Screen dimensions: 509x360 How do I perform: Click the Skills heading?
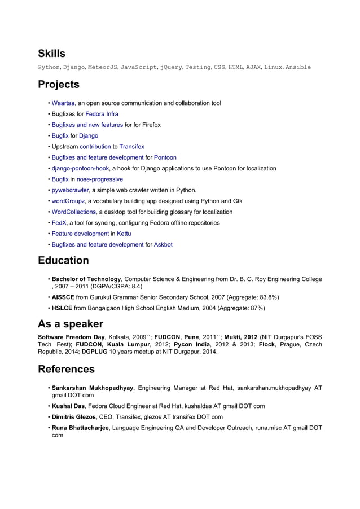coord(51,54)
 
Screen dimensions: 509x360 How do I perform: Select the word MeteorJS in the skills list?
coord(102,67)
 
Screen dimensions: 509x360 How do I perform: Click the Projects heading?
coord(59,85)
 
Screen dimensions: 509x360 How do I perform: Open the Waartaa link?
coord(64,103)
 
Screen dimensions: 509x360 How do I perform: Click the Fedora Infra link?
coord(102,114)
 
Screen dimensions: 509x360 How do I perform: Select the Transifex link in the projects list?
coord(131,147)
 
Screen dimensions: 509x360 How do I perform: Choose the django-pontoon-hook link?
coord(80,168)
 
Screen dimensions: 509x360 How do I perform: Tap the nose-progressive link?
coord(100,179)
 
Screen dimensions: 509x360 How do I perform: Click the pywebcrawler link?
coord(70,190)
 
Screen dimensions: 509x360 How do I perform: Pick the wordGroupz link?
coord(68,201)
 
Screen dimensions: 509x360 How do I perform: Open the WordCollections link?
coord(74,212)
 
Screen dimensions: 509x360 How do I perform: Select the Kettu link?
coord(124,234)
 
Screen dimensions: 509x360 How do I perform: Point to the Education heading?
coord(63,261)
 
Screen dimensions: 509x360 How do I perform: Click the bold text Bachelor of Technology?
coord(86,279)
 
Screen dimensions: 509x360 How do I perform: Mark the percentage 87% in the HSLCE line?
coord(256,308)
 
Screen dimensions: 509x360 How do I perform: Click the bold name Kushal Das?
coord(68,406)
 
